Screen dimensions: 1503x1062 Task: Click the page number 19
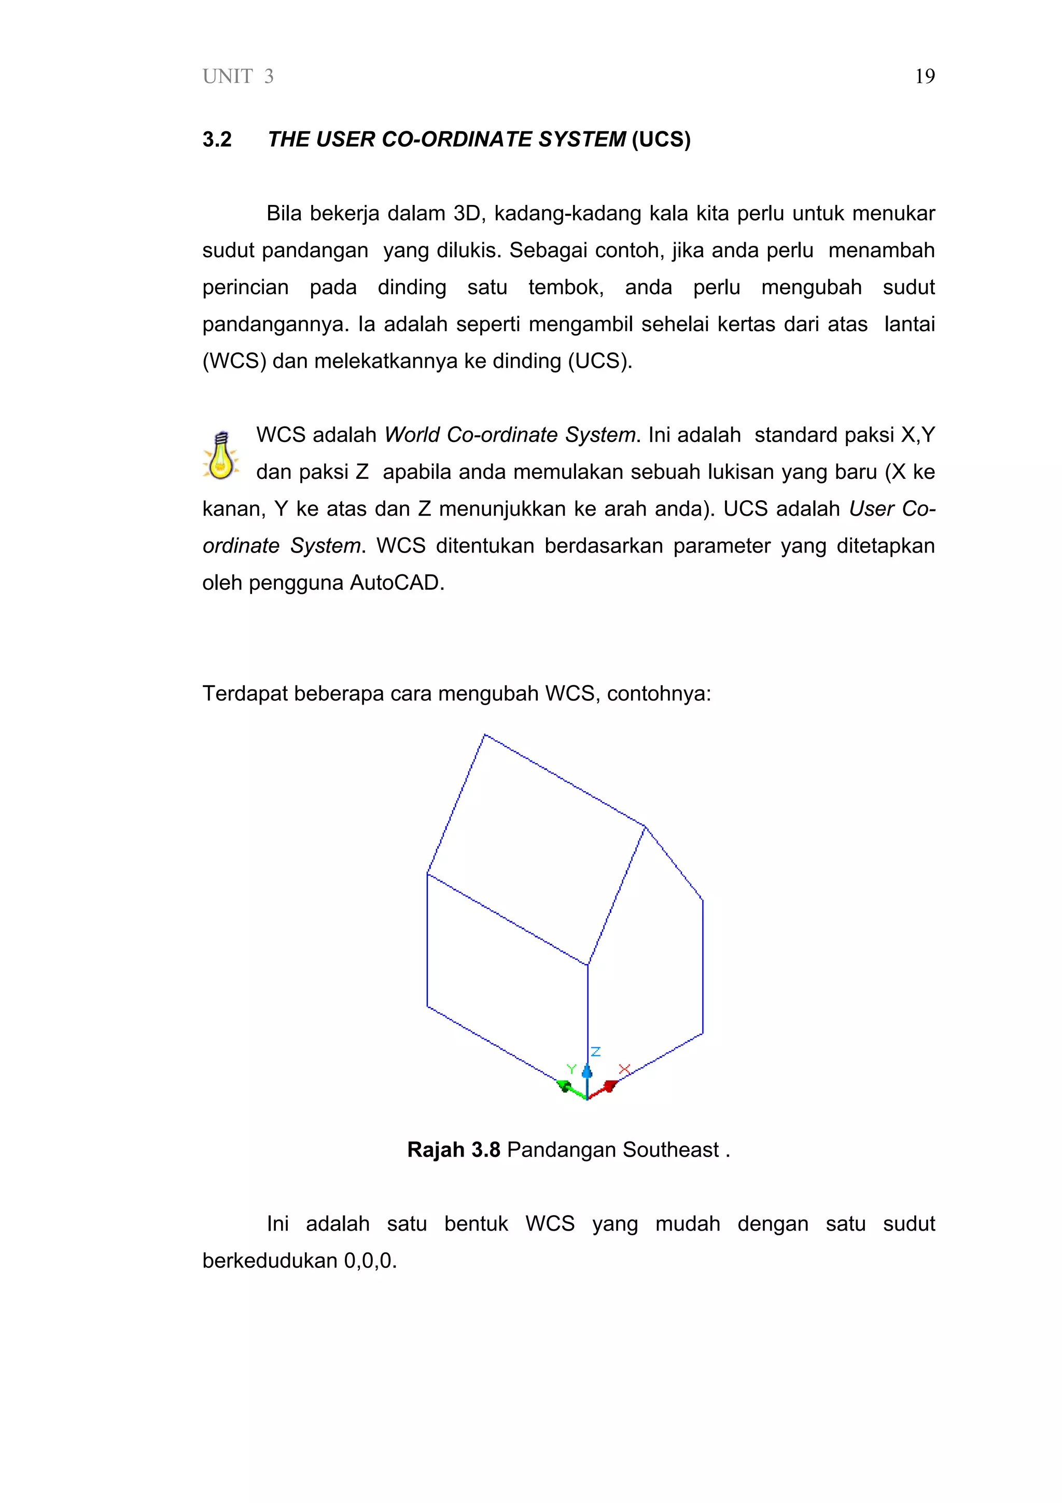(924, 77)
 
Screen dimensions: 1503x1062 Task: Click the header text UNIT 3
(238, 77)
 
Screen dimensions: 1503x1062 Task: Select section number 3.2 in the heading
(217, 140)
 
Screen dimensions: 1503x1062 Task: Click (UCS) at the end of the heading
(661, 140)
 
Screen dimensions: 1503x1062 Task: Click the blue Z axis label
(595, 1051)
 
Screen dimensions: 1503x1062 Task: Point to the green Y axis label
(571, 1069)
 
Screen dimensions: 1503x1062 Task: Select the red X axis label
(624, 1068)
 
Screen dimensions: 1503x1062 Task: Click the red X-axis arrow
(609, 1087)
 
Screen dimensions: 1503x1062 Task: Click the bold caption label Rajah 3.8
(453, 1150)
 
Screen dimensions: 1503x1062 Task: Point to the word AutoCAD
(397, 583)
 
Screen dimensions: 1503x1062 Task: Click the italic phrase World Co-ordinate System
(510, 435)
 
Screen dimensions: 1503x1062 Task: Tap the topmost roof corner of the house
(484, 735)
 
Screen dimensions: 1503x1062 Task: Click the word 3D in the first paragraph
(467, 213)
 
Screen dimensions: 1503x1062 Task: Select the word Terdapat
(244, 693)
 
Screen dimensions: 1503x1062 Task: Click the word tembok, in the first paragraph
(565, 287)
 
